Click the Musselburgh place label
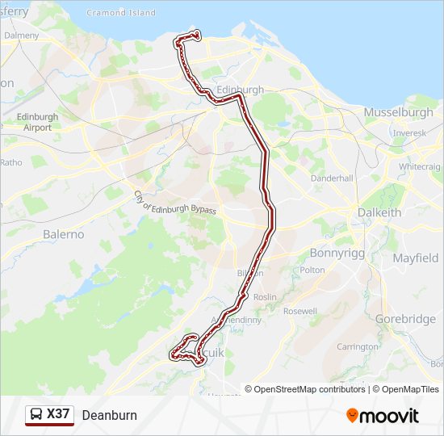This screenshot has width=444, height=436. pyautogui.click(x=399, y=111)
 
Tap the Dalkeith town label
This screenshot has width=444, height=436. pyautogui.click(x=379, y=212)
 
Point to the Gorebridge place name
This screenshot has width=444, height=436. pyautogui.click(x=405, y=319)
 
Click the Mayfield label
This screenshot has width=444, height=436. pyautogui.click(x=416, y=258)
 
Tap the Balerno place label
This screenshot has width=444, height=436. pyautogui.click(x=63, y=234)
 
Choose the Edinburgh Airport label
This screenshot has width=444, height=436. pyautogui.click(x=37, y=122)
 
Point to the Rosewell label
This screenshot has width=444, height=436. pyautogui.click(x=300, y=311)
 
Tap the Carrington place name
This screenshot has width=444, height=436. pyautogui.click(x=358, y=346)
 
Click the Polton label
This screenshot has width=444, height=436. pyautogui.click(x=312, y=270)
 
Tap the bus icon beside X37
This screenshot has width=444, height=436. pyautogui.click(x=36, y=415)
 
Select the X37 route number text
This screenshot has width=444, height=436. pyautogui.click(x=58, y=415)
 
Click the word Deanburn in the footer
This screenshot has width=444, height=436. pyautogui.click(x=109, y=415)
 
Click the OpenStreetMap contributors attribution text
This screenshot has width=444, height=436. pyautogui.click(x=310, y=389)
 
